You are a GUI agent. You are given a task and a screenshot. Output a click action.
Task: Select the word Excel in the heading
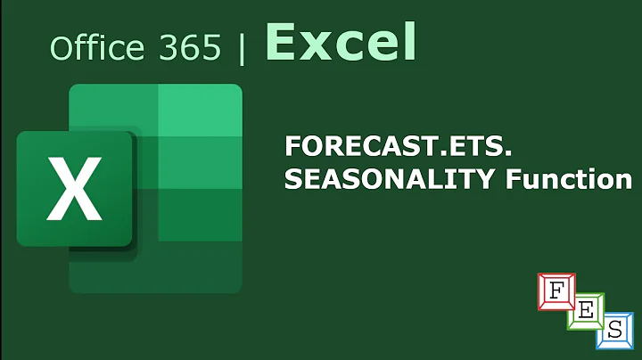pos(341,42)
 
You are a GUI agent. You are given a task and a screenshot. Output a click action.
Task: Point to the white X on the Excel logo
pos(74,189)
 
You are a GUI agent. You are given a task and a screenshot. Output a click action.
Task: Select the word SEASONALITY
pos(388,179)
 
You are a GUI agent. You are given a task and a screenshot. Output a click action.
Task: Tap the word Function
pos(565,179)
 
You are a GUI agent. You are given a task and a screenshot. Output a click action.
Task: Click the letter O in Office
pos(62,47)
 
